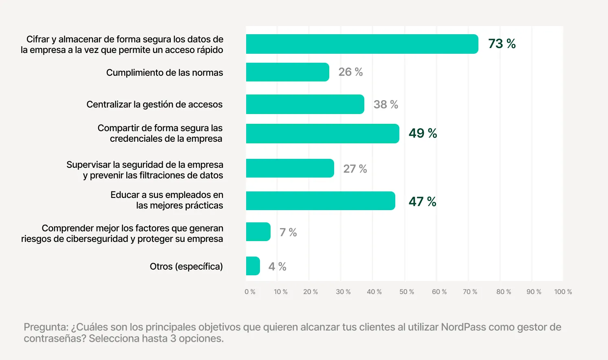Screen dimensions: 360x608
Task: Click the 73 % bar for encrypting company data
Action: point(362,44)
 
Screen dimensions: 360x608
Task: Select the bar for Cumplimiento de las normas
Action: point(287,72)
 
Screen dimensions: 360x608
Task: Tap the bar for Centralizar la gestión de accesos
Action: point(305,104)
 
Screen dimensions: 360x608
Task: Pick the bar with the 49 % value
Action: point(322,134)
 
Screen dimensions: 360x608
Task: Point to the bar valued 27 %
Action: point(290,168)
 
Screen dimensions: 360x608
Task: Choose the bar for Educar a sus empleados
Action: point(320,201)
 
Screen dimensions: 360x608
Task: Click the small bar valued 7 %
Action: point(258,232)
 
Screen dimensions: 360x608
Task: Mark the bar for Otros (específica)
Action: point(253,266)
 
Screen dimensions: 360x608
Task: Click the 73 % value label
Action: point(502,44)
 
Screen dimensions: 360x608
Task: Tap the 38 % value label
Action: point(386,105)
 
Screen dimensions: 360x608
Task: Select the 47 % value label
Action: point(422,202)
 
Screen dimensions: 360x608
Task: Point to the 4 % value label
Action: point(277,267)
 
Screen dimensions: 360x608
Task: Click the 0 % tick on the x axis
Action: point(250,292)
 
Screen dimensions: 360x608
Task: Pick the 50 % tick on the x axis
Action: point(406,292)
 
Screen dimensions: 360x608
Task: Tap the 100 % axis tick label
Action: point(563,292)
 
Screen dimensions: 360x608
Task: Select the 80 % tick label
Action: point(503,292)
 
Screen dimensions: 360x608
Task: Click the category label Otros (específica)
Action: point(186,267)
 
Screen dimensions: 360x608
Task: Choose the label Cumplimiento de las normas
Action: point(165,72)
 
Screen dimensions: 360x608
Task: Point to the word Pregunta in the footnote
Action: point(46,327)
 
